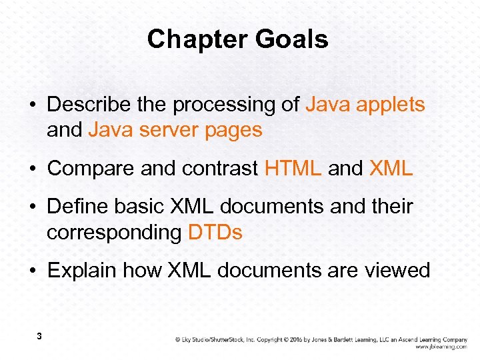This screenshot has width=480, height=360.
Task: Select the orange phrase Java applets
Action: tap(365, 105)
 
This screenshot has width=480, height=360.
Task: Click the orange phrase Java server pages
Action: tap(175, 130)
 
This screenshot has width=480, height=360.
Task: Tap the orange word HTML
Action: tap(293, 169)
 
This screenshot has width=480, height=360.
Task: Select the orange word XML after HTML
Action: tap(391, 169)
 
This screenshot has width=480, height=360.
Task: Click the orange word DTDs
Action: tap(215, 233)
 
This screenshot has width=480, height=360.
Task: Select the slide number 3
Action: tap(39, 337)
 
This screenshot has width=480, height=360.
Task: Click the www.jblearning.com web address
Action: tap(441, 347)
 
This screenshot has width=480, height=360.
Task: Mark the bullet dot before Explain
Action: tap(32, 271)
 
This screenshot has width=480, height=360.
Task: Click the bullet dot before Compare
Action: tap(32, 169)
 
